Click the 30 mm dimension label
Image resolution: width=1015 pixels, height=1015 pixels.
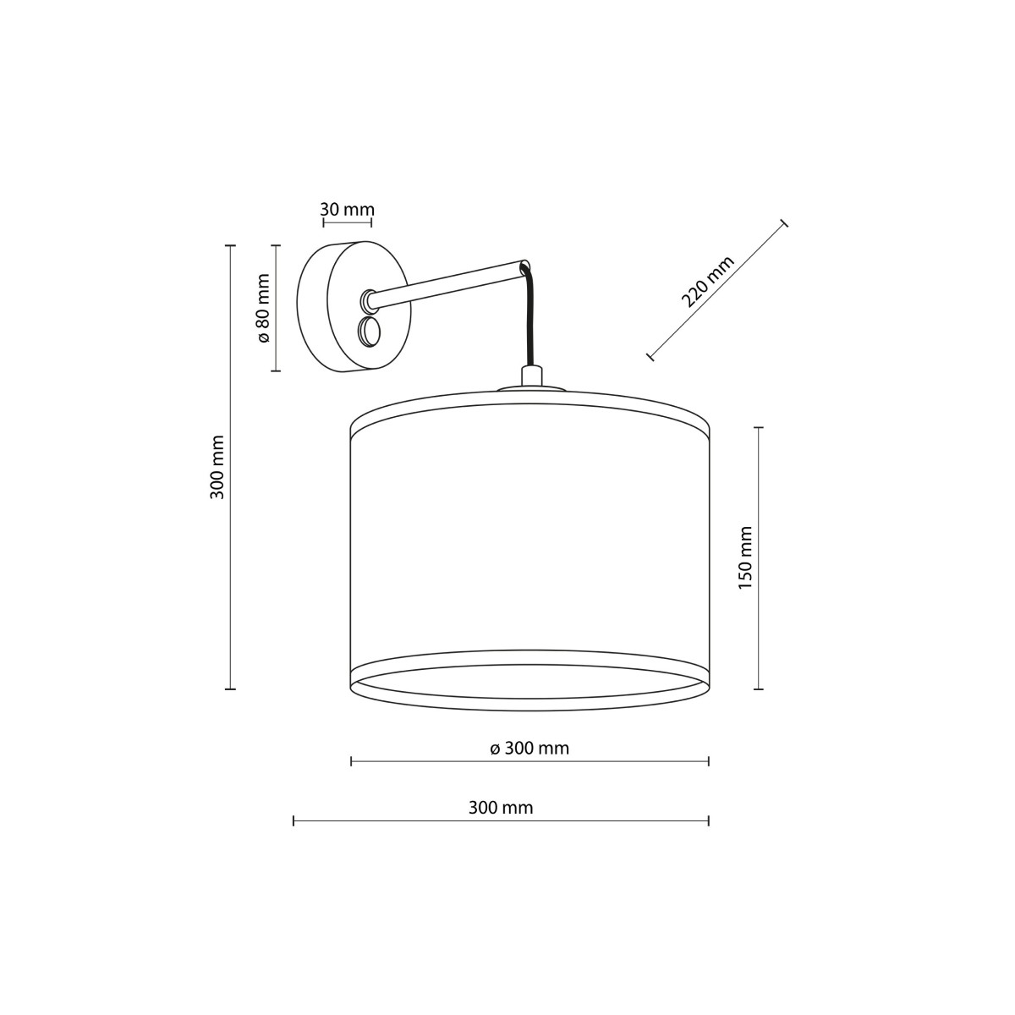click(x=347, y=209)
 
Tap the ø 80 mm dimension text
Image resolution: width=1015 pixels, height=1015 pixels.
click(x=262, y=308)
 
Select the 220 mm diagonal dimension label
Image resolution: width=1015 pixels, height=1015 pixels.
click(x=707, y=281)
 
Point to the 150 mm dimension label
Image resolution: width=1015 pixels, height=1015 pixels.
click(x=745, y=558)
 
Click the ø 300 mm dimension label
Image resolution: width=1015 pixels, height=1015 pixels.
click(x=529, y=748)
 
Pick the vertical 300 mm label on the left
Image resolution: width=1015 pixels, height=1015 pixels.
click(x=217, y=467)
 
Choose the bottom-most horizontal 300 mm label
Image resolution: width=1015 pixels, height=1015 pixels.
click(x=501, y=808)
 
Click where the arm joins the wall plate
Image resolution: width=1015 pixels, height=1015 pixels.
click(x=370, y=299)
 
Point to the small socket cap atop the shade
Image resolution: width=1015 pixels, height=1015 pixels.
click(x=531, y=376)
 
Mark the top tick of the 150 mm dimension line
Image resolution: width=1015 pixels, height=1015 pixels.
click(x=759, y=427)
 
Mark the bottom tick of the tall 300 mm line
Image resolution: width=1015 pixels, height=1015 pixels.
click(x=229, y=689)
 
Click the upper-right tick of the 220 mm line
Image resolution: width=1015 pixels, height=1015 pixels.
click(x=783, y=223)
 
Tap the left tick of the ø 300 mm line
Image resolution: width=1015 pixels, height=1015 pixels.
click(x=351, y=762)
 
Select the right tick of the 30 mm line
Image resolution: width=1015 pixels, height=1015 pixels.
click(x=371, y=223)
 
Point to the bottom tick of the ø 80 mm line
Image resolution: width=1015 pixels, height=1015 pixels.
click(x=276, y=370)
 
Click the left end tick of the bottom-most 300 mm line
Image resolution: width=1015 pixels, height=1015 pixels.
click(x=294, y=820)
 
